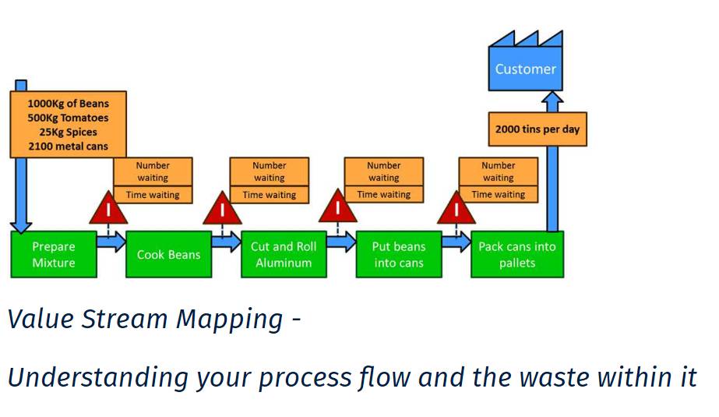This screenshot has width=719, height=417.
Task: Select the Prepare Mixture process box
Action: (54, 255)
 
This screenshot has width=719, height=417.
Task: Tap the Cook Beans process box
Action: (169, 255)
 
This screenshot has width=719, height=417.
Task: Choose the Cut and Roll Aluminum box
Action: (284, 255)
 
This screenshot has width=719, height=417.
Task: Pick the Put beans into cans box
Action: (399, 255)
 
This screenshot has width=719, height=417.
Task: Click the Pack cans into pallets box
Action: (517, 255)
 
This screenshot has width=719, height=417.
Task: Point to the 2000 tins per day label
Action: (537, 129)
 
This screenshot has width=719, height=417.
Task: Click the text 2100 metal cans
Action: (69, 147)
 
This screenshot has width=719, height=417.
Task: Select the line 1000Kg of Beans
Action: (69, 104)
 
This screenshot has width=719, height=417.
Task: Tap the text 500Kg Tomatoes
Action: (69, 118)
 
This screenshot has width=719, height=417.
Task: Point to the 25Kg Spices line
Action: (69, 133)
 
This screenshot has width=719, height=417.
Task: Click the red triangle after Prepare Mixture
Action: (108, 209)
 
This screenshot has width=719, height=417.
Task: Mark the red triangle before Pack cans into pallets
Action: (456, 209)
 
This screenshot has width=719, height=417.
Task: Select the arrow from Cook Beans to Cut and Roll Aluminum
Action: (227, 242)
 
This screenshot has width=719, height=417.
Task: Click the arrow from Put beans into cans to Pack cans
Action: (456, 242)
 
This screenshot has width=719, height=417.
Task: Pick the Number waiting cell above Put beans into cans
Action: (384, 171)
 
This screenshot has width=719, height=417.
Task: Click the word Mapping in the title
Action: (229, 320)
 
